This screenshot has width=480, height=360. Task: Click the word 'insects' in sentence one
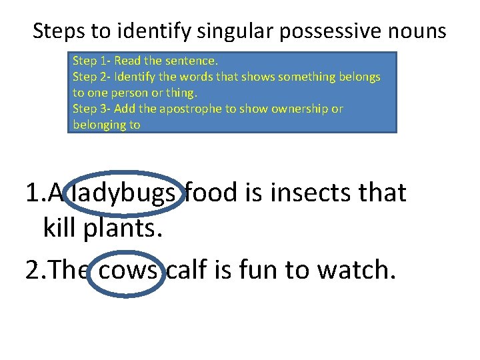click(x=310, y=193)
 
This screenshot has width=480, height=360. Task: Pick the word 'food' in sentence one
click(x=211, y=193)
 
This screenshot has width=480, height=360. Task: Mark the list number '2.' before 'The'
click(x=33, y=270)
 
